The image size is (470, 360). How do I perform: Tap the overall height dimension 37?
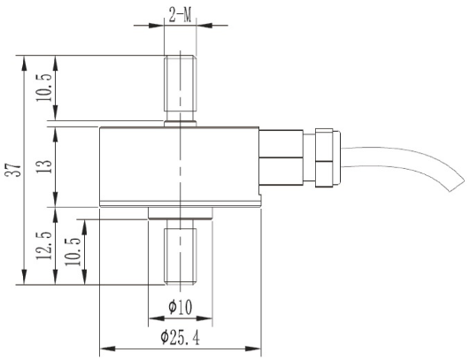coord(13,172)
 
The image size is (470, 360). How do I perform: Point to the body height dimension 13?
coord(42,165)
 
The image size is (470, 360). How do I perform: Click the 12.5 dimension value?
coord(42,247)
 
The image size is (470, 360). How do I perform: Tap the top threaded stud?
coord(180,88)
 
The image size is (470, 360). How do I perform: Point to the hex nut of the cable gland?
coord(324,160)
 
